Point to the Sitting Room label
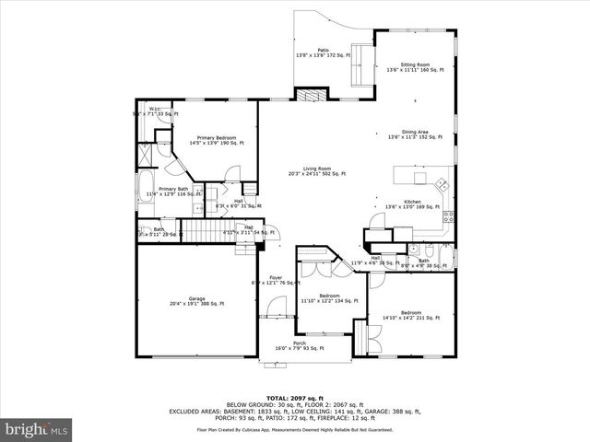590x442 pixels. click(415, 67)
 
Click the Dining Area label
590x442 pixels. click(415, 134)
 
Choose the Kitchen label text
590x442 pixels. click(412, 204)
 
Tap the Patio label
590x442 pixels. click(324, 52)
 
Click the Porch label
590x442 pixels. click(300, 345)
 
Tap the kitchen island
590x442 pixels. click(414, 175)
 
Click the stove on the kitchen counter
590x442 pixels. click(449, 217)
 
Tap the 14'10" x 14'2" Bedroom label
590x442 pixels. click(411, 315)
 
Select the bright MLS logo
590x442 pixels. click(37, 429)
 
